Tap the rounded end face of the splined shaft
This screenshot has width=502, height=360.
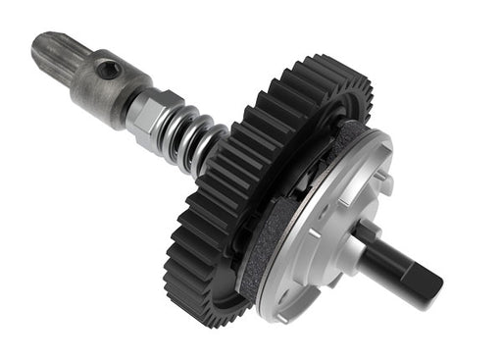38,44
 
